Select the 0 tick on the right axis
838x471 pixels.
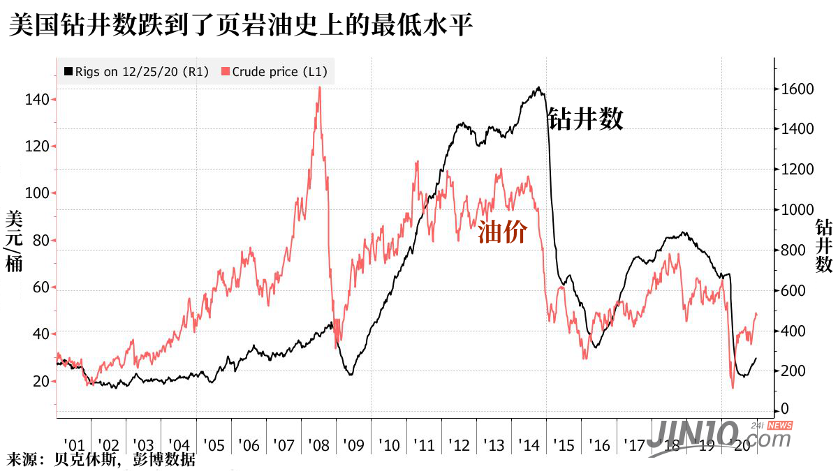click(x=786, y=410)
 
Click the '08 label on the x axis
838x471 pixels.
click(x=318, y=445)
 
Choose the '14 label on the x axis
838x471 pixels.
click(x=529, y=445)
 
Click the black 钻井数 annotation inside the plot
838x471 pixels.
click(x=585, y=119)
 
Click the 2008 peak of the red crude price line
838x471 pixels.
click(x=320, y=87)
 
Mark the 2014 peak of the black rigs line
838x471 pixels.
click(x=538, y=88)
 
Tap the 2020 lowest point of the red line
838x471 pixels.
click(x=733, y=388)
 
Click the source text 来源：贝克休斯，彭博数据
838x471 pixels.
click(x=101, y=461)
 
